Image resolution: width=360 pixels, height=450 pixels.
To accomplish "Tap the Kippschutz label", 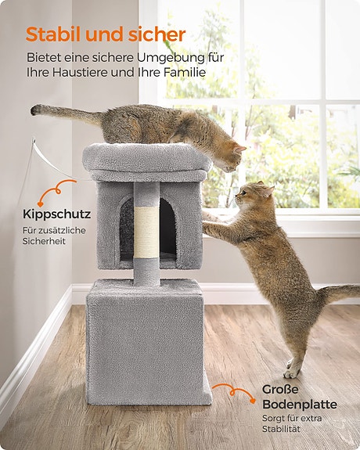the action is [x=56, y=214].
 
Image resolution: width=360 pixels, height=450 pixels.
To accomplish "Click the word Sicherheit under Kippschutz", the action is [x=44, y=241].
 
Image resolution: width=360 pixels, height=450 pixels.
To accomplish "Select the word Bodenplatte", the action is [x=300, y=405].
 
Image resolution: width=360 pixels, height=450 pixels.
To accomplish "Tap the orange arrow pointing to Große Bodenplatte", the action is [x=234, y=393].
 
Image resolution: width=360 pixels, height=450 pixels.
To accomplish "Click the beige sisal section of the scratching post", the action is [x=146, y=232].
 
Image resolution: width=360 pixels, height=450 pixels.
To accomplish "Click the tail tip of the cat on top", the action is [x=36, y=110].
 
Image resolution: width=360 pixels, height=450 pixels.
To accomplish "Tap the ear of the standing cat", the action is [x=268, y=190].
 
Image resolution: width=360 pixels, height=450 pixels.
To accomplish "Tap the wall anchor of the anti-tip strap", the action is [x=34, y=141].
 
